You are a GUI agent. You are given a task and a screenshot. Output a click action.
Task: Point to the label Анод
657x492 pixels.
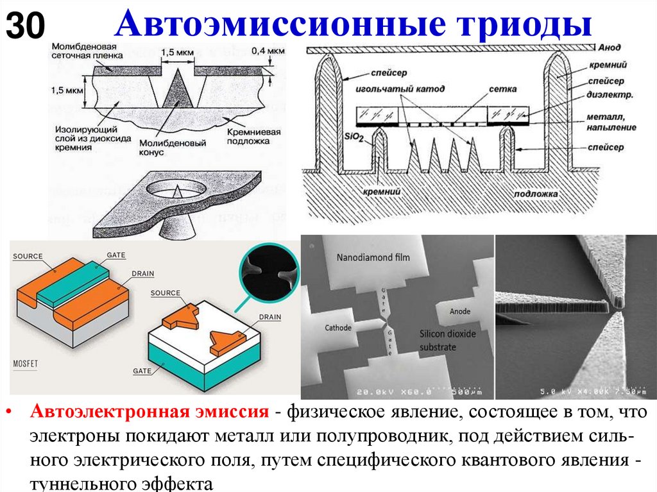click(610, 47)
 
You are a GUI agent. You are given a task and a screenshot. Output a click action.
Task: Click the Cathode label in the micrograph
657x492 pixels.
click(337, 328)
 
